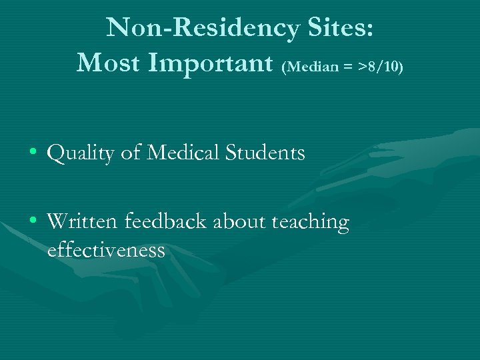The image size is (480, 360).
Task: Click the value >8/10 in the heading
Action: coord(380,67)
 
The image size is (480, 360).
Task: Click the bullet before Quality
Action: coord(33,153)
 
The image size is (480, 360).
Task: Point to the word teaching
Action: coord(310,223)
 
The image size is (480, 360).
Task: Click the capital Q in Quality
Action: coord(55,154)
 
